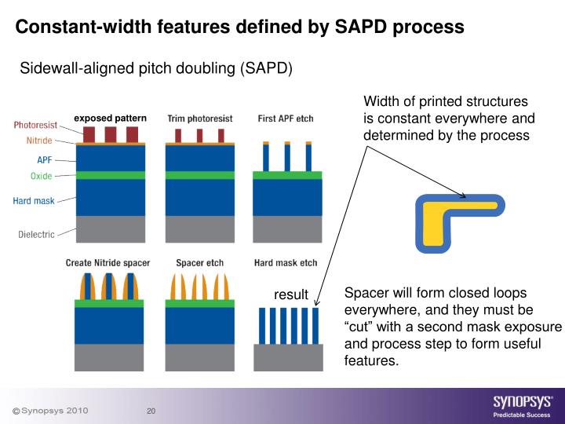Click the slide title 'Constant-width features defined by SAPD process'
click(x=240, y=27)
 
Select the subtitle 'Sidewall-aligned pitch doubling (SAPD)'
click(x=155, y=68)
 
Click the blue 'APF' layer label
click(x=45, y=160)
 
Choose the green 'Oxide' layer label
click(x=42, y=176)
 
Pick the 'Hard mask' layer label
click(x=34, y=201)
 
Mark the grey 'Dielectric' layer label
click(x=36, y=233)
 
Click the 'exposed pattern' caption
click(x=110, y=119)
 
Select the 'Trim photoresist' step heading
click(x=199, y=119)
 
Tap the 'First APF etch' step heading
click(x=285, y=119)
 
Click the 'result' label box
click(x=291, y=295)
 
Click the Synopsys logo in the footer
click(x=522, y=403)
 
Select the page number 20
click(x=151, y=411)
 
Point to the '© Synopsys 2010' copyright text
click(x=49, y=411)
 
